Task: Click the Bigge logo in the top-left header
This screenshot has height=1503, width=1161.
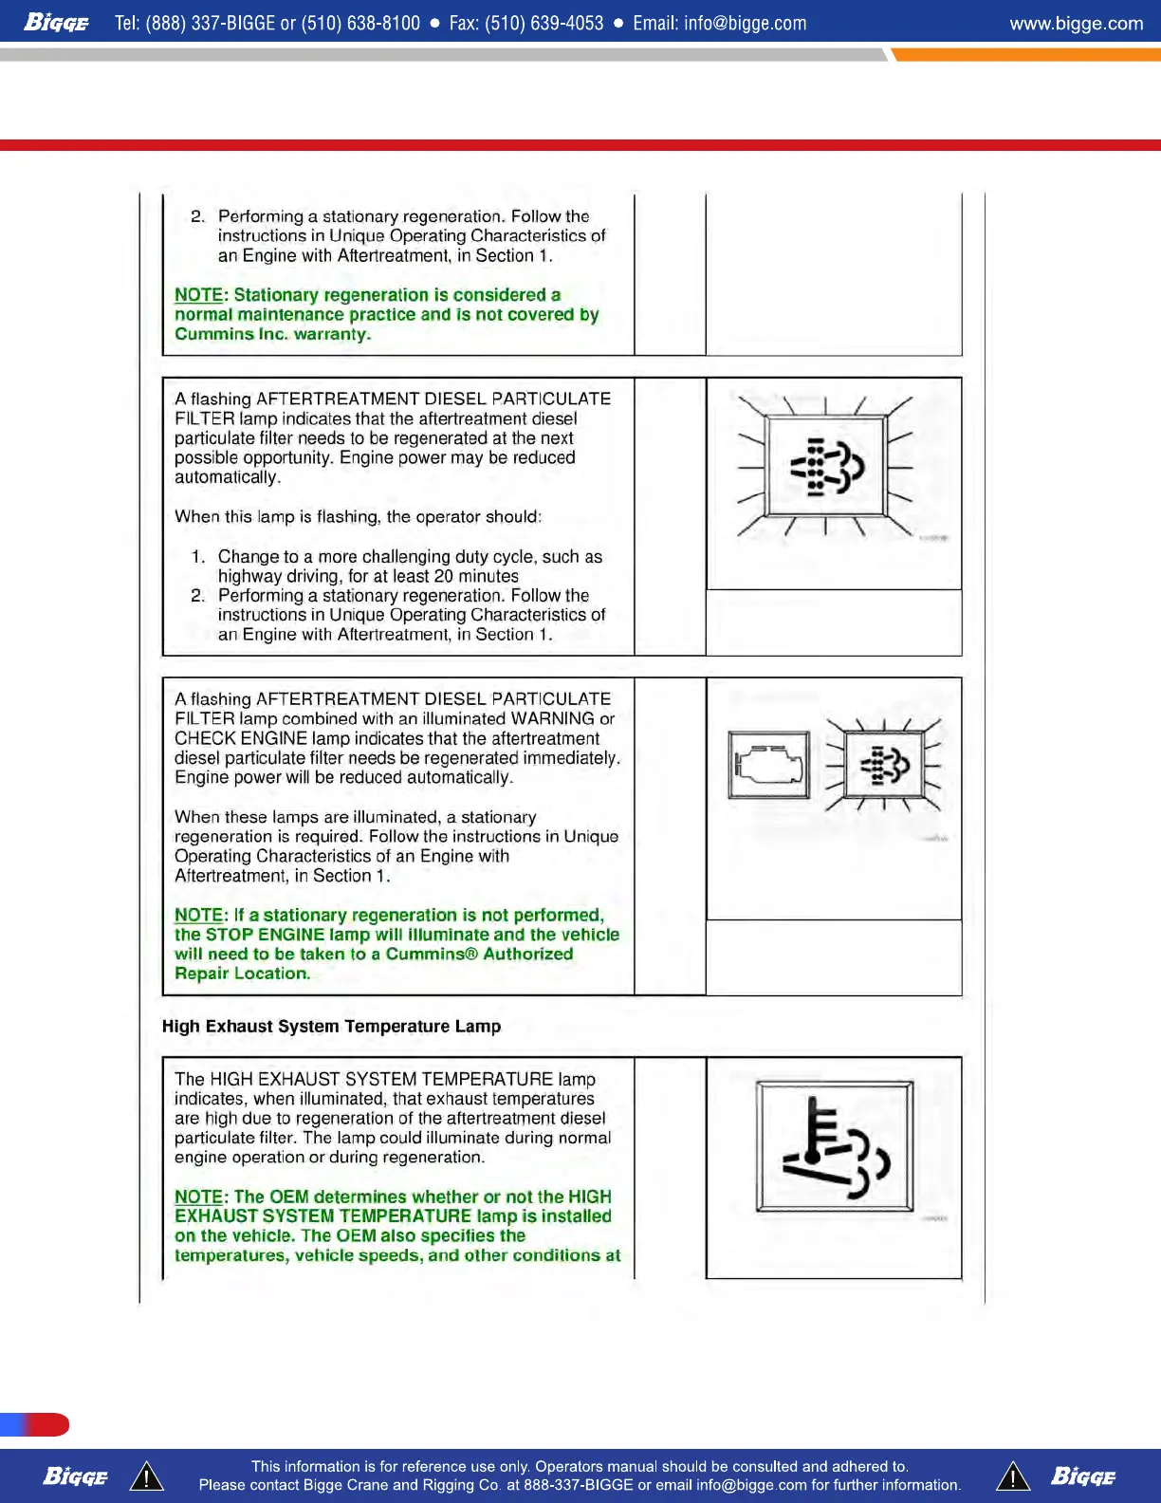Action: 56,22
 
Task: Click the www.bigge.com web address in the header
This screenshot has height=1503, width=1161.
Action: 1076,23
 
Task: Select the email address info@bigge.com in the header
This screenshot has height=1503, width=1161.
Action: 745,23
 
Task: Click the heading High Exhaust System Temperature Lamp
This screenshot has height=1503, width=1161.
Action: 331,1026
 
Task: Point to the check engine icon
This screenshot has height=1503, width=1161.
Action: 769,764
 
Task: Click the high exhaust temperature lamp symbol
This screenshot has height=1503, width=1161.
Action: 835,1145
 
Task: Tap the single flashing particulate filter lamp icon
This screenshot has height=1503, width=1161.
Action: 825,467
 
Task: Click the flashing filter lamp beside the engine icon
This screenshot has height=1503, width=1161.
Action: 884,764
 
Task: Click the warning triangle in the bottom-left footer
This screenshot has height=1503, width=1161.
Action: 146,1476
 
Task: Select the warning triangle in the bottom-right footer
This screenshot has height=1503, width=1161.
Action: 1013,1476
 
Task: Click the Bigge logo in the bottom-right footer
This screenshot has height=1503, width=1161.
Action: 1082,1476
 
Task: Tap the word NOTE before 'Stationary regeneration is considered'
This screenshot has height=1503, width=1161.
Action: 198,295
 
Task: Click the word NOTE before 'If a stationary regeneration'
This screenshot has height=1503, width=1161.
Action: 198,915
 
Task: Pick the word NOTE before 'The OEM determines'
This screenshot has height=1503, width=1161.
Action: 198,1197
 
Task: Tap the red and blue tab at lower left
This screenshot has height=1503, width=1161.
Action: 35,1424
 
